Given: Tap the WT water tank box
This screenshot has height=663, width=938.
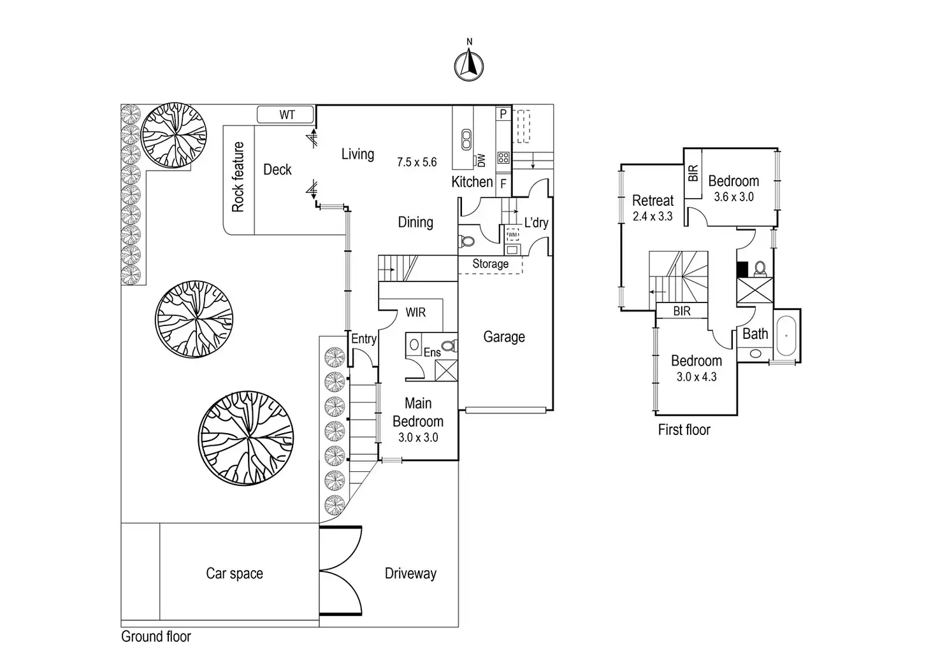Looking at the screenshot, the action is point(286,115).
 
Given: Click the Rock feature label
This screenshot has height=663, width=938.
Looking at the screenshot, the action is point(238,176).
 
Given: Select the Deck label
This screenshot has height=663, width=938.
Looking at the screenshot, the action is point(277,169).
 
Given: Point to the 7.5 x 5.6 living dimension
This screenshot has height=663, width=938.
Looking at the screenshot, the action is point(417,162).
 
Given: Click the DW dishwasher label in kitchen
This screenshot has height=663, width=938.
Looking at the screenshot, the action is point(481,160).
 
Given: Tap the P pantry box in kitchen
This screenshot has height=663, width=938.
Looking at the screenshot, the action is point(503,114).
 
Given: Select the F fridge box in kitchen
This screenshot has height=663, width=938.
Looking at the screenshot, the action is point(503,183).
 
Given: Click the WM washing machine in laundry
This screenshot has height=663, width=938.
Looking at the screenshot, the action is point(512,235).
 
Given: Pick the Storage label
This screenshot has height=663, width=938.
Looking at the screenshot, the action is point(490,264).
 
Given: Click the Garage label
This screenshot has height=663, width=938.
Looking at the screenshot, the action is point(504,337).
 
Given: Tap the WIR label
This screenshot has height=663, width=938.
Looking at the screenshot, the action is point(415,313).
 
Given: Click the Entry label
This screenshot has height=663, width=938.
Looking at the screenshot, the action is point(364,339).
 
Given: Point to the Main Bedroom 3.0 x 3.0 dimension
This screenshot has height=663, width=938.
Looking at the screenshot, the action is point(418,438).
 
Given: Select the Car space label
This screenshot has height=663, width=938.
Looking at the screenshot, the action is point(234,573).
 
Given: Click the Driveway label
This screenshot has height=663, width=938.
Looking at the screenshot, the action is point(410,573).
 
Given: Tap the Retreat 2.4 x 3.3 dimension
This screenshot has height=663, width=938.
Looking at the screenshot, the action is point(653,217).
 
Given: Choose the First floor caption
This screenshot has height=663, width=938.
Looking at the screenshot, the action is point(684,430).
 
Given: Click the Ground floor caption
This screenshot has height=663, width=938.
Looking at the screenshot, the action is point(156,636).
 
